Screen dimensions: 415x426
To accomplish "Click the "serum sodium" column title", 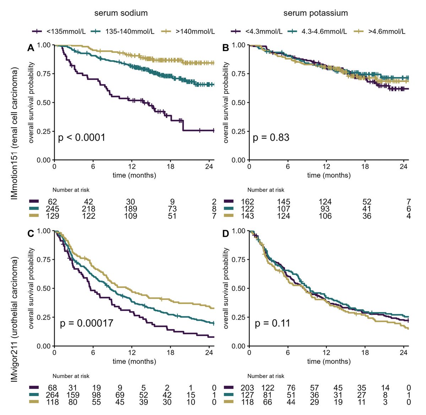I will click(x=121, y=13).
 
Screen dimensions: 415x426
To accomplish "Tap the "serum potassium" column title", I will click(x=315, y=13).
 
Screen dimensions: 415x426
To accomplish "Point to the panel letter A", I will click(x=31, y=48).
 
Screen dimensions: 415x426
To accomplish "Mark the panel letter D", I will click(x=226, y=234).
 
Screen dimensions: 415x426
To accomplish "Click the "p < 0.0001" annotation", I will click(x=82, y=137).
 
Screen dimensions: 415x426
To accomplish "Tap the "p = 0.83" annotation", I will click(x=271, y=137).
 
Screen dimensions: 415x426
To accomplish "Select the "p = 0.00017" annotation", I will click(x=87, y=323).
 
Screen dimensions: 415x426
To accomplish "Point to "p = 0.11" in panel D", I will click(x=272, y=323).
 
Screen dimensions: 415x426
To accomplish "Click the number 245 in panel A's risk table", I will click(x=52, y=209).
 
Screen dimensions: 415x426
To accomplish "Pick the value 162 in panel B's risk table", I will click(x=247, y=202).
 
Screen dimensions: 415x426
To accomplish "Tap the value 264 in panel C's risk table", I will click(x=52, y=395).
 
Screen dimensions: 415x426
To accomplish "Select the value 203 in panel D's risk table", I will click(x=247, y=388).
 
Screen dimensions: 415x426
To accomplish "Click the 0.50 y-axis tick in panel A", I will click(x=44, y=103).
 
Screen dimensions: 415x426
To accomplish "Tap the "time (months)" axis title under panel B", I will click(x=329, y=175).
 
